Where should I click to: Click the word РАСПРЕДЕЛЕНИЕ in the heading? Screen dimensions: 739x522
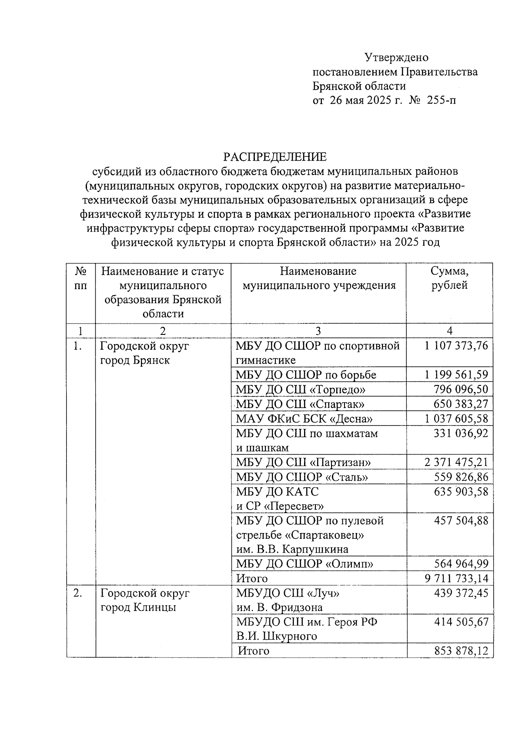(x=274, y=157)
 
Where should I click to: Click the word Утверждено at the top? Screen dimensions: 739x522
(x=396, y=57)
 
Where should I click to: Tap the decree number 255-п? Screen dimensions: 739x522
(x=442, y=101)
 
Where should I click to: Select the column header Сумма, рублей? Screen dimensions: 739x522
(x=449, y=279)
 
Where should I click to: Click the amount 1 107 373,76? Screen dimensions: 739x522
(x=456, y=346)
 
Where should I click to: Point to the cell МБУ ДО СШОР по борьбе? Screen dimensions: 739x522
(x=306, y=375)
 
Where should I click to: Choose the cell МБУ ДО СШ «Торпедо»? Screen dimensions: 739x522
(x=301, y=389)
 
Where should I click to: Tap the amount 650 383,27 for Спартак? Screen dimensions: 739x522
(x=461, y=404)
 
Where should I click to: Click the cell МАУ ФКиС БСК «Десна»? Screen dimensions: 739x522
(x=304, y=419)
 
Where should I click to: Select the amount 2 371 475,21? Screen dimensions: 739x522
(x=456, y=462)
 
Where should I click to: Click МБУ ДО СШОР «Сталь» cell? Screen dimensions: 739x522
(x=302, y=477)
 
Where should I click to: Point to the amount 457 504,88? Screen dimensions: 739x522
(x=461, y=520)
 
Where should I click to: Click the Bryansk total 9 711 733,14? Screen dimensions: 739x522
(x=456, y=578)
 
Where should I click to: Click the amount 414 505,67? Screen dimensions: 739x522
(x=461, y=622)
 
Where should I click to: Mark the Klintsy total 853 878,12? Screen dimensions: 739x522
(x=461, y=651)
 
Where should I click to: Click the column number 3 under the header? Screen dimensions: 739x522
(x=318, y=331)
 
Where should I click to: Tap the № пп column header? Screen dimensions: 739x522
(x=80, y=279)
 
